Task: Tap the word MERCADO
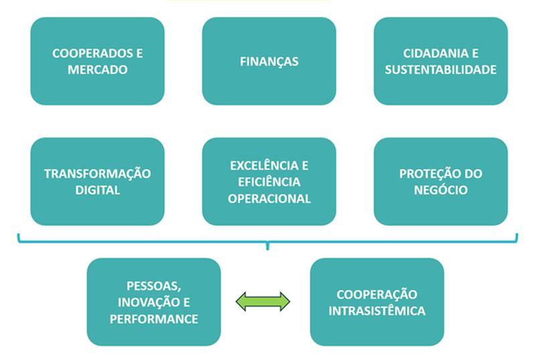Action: (98, 69)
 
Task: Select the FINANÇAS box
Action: (269, 62)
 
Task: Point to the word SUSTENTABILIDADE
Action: (441, 69)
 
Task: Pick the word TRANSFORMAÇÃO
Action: (98, 174)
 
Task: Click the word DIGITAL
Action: (98, 189)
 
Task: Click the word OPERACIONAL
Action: (269, 198)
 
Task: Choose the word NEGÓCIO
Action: (441, 189)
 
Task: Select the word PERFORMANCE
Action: (154, 319)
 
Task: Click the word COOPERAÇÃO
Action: (377, 294)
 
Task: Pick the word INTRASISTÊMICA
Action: (377, 310)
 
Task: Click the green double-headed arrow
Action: (263, 302)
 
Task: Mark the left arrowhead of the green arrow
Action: (242, 302)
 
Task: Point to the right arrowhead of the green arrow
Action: (284, 302)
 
